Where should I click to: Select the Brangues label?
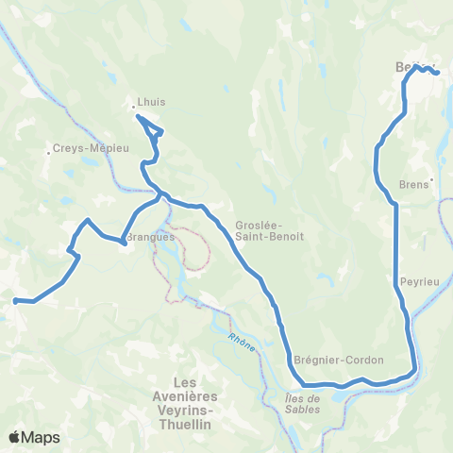point(150,238)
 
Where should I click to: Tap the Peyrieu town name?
point(416,281)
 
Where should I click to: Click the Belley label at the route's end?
point(409,67)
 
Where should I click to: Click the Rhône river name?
point(242,340)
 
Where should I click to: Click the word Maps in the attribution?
point(42,437)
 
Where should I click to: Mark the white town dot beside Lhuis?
point(133,107)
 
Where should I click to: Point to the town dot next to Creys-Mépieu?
point(49,152)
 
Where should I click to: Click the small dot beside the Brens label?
point(431,179)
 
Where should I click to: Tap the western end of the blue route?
point(15,301)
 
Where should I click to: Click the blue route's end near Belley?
point(437,73)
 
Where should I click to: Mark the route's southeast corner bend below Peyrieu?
point(412,370)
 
